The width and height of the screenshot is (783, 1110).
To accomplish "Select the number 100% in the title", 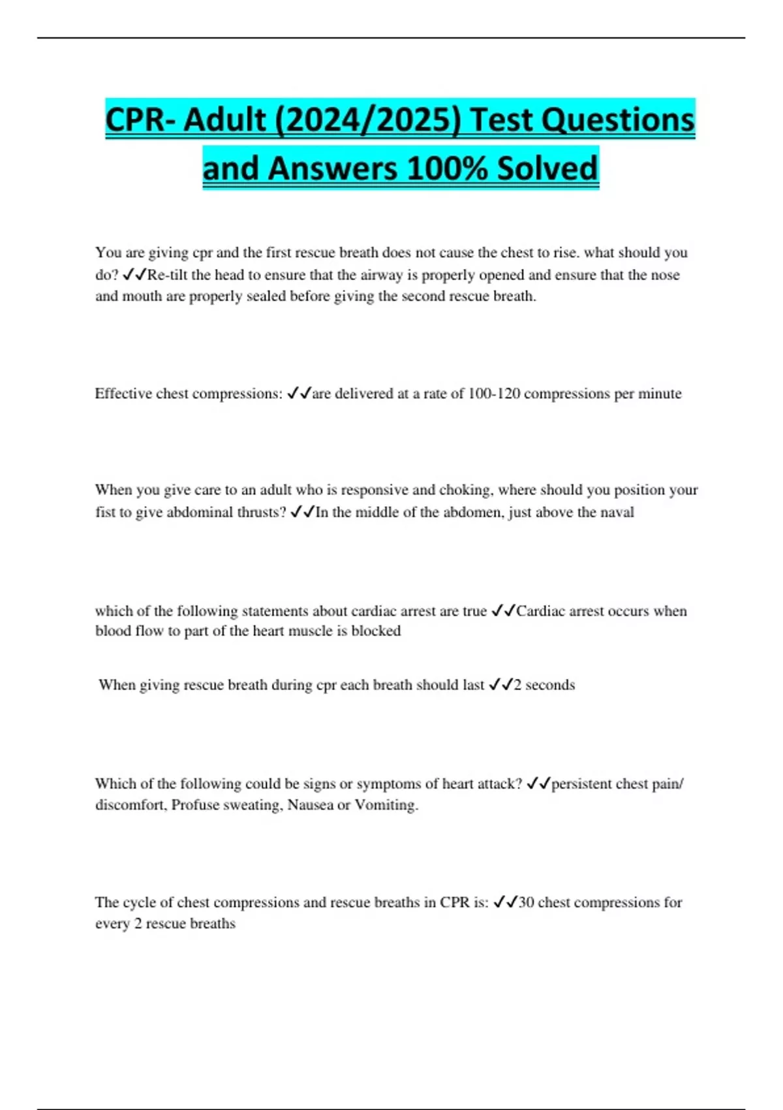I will pos(447,168).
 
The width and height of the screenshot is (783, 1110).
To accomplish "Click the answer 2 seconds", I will pos(544,685).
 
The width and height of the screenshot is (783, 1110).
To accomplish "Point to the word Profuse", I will pos(195,805).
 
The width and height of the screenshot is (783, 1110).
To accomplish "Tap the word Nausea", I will pos(310,805).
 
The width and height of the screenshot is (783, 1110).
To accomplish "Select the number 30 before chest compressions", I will pos(526,902).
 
